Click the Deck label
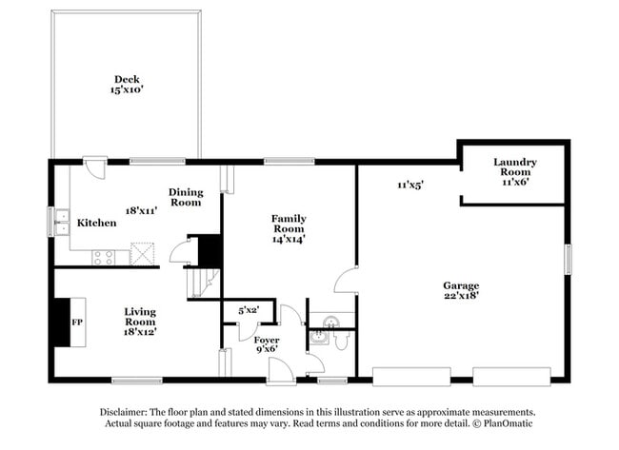pos(127,79)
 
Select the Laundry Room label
pos(515,166)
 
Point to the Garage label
pos(461,285)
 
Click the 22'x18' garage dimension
pos(461,297)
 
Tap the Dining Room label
pos(186,197)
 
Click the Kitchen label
pos(97,223)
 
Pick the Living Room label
pos(139,316)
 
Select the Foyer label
pos(267,340)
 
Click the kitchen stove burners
pos(104,256)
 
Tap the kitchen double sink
pos(61,222)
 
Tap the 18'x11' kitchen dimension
pos(141,210)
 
